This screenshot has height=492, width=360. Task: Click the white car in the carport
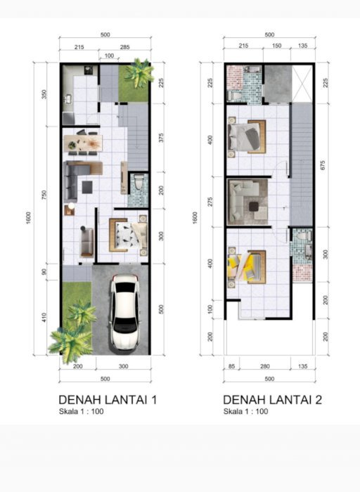click(125, 312)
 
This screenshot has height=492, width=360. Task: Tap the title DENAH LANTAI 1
click(108, 400)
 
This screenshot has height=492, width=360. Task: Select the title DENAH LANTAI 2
click(272, 400)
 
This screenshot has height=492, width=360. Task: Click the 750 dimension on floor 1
click(44, 195)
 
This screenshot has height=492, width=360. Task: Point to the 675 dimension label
click(323, 165)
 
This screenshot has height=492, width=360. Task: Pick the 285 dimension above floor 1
click(124, 47)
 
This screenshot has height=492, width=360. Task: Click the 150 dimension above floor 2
click(276, 46)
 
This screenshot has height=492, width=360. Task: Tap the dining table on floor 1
click(83, 143)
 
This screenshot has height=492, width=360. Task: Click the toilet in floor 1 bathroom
click(138, 181)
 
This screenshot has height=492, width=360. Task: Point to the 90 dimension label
click(44, 271)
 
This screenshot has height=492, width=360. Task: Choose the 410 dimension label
click(44, 317)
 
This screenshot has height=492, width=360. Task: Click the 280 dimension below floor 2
click(265, 366)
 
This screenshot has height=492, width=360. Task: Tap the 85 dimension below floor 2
click(231, 366)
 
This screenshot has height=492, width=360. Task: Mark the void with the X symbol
click(302, 84)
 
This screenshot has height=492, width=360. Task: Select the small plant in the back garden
click(139, 73)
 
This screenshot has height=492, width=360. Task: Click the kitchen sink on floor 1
click(68, 99)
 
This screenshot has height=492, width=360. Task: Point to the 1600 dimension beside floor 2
click(195, 218)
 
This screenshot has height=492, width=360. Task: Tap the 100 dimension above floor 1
click(109, 56)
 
